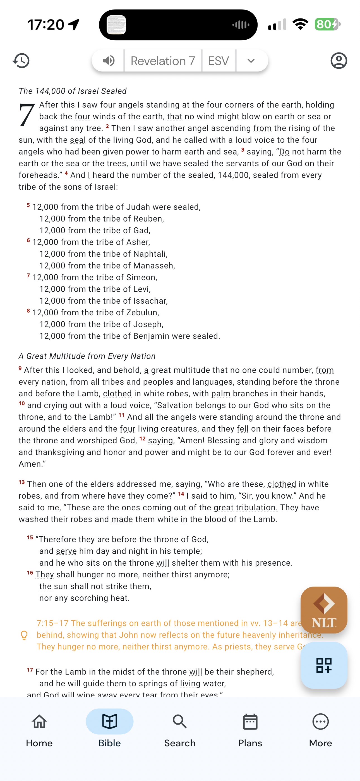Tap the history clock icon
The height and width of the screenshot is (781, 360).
pyautogui.click(x=21, y=61)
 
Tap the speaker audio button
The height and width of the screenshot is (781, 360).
pyautogui.click(x=109, y=61)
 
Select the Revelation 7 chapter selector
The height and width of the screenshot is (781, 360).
pyautogui.click(x=163, y=61)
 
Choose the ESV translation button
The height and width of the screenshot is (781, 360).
pyautogui.click(x=218, y=61)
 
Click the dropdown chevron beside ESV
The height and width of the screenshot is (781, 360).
pyautogui.click(x=251, y=61)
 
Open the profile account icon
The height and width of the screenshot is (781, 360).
pyautogui.click(x=339, y=61)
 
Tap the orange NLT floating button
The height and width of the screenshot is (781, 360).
pyautogui.click(x=324, y=610)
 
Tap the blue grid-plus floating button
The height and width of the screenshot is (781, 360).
pyautogui.click(x=324, y=665)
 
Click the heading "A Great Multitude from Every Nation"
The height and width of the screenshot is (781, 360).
pyautogui.click(x=87, y=356)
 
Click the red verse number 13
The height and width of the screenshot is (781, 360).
pyautogui.click(x=21, y=482)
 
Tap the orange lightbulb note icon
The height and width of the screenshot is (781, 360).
pyautogui.click(x=24, y=635)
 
